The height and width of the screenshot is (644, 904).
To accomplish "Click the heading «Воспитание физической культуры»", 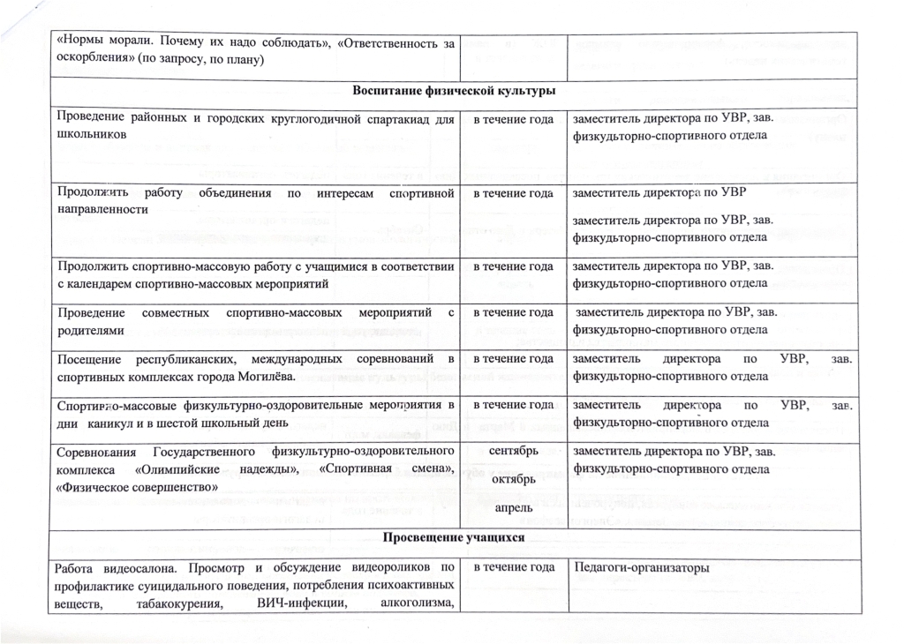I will point(453,91).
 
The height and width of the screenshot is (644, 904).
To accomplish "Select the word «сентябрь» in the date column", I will point(514,453).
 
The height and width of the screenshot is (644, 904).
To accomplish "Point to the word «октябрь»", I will point(514,481).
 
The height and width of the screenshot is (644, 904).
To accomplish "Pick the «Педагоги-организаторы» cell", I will point(642,568).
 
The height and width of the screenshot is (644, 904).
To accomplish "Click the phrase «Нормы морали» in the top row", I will point(96,41).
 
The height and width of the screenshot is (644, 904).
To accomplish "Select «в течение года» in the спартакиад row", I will point(514,119).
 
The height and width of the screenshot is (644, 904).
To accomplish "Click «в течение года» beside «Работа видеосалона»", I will point(514,568).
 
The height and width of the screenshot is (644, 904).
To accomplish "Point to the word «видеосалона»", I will point(143,568).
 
